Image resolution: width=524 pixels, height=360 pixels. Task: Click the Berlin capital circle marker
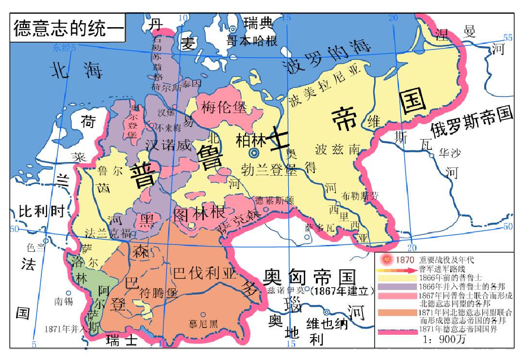253,153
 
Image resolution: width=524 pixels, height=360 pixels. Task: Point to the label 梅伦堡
224,107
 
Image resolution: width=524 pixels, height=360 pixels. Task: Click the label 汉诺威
168,145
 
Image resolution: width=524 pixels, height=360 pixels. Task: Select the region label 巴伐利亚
204,274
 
